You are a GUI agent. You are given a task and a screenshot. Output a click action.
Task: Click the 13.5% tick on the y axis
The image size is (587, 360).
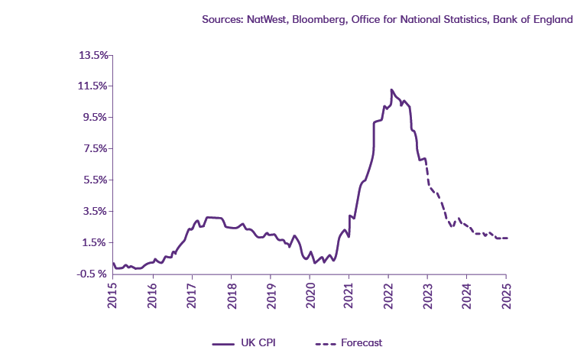tap(93, 55)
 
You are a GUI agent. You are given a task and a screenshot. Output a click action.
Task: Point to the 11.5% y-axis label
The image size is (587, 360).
tap(93, 86)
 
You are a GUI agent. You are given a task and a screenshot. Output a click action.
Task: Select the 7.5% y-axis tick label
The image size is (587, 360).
tap(96, 148)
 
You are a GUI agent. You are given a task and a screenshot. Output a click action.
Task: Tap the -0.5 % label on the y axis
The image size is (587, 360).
tap(93, 274)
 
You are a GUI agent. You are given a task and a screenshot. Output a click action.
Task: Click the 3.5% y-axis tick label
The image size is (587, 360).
tap(96, 211)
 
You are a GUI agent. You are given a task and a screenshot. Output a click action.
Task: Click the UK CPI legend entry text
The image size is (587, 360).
tap(258, 343)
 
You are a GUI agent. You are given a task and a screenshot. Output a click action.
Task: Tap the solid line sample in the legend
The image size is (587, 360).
tap(223, 343)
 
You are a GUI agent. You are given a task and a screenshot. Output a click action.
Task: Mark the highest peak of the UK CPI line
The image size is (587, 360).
tap(391, 90)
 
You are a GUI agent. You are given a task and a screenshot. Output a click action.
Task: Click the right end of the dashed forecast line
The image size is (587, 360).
tap(507, 238)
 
